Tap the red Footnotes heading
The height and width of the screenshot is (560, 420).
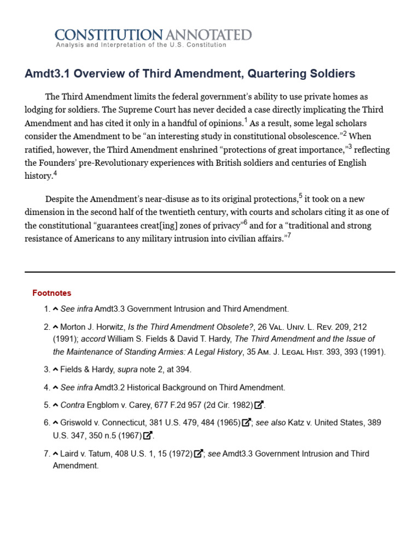coord(51,293)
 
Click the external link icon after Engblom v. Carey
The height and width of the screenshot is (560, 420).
coord(259,405)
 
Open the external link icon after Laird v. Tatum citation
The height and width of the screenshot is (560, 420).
coord(199,454)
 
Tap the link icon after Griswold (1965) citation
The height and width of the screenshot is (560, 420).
coord(247,423)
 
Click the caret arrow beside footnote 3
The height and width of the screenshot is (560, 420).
coord(55,370)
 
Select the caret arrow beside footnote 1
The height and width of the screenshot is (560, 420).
coord(55,309)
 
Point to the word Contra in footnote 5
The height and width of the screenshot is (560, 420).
coord(72,405)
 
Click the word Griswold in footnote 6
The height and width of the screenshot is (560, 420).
coord(77,423)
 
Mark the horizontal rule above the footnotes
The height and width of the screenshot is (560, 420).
coord(209,272)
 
